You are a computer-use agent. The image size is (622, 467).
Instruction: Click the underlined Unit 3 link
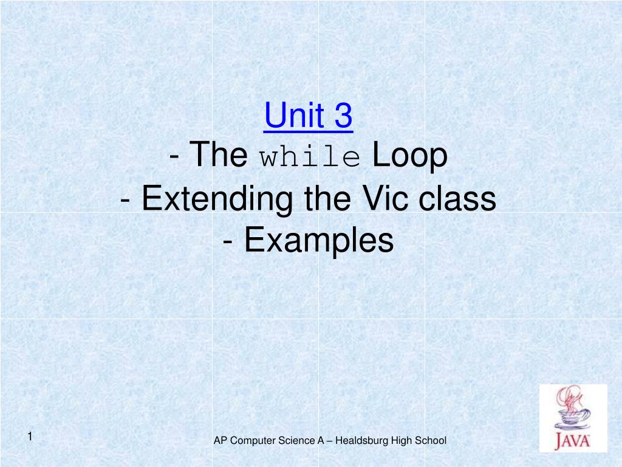308,116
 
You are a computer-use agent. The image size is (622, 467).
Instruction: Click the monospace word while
310,157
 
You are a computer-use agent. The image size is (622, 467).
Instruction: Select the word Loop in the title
410,156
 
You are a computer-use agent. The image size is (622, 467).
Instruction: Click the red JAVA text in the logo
573,439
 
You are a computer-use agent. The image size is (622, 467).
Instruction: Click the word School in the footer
432,440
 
